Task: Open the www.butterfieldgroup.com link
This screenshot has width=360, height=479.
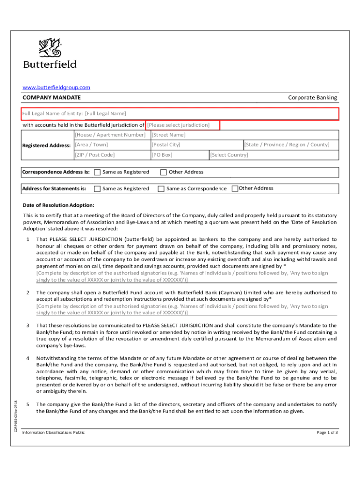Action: (x=57, y=87)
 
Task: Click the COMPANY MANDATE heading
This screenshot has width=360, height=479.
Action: (x=52, y=97)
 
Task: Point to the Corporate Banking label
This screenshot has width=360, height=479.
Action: (x=312, y=97)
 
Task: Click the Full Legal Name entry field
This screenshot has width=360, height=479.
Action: (x=180, y=114)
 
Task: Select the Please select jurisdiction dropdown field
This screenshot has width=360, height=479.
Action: (x=183, y=125)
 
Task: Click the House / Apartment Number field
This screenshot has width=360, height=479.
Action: (x=110, y=135)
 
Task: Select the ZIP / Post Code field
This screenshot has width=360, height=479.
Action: (x=110, y=155)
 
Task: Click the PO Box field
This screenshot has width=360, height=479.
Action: (x=179, y=155)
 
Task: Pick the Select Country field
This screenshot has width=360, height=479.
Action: (x=273, y=155)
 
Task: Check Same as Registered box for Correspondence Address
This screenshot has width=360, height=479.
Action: (x=97, y=172)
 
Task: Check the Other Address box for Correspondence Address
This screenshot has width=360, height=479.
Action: (x=164, y=172)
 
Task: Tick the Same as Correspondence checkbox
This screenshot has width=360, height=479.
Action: (x=161, y=189)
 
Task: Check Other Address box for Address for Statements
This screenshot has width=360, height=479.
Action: (x=235, y=189)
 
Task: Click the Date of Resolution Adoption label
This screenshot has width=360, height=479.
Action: (x=58, y=205)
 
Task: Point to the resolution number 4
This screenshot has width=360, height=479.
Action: (x=28, y=359)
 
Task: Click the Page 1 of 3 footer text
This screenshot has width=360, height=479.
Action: (x=327, y=432)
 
